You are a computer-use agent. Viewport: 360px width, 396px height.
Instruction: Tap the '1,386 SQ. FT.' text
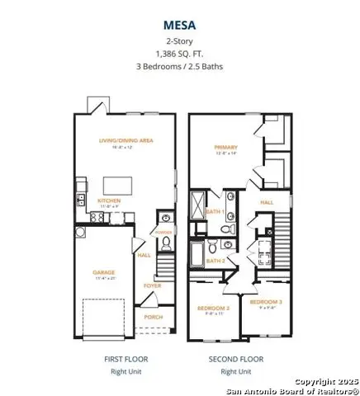pyautogui.click(x=180, y=53)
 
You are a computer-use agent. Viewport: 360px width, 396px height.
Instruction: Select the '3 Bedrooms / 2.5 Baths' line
pyautogui.click(x=180, y=66)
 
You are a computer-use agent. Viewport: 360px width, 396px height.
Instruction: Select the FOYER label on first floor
pyautogui.click(x=152, y=285)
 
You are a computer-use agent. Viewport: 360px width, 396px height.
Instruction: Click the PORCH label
pyautogui.click(x=153, y=316)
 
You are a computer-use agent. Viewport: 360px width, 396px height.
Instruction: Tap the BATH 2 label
pyautogui.click(x=215, y=261)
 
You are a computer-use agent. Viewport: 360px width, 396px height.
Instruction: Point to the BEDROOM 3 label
pyautogui.click(x=266, y=302)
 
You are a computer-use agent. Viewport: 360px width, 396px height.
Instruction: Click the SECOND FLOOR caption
pyautogui.click(x=237, y=360)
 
